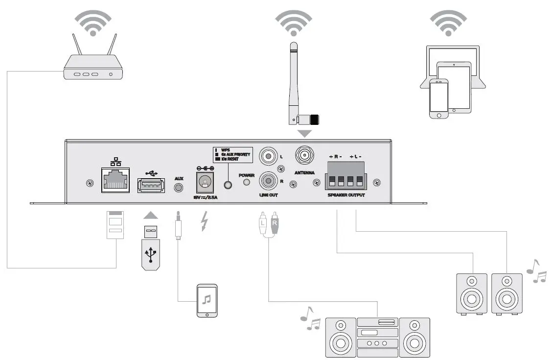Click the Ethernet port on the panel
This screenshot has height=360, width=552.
115,179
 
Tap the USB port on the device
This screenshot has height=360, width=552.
151,185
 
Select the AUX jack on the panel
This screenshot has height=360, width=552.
179,187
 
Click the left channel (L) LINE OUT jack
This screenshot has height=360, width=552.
268,157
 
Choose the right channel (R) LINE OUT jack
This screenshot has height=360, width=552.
268,181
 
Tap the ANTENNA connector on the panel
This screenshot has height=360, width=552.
304,156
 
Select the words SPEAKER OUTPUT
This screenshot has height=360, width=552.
346,195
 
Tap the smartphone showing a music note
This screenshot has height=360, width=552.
207,300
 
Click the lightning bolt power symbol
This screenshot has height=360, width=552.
204,222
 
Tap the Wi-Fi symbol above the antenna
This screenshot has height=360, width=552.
293,22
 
